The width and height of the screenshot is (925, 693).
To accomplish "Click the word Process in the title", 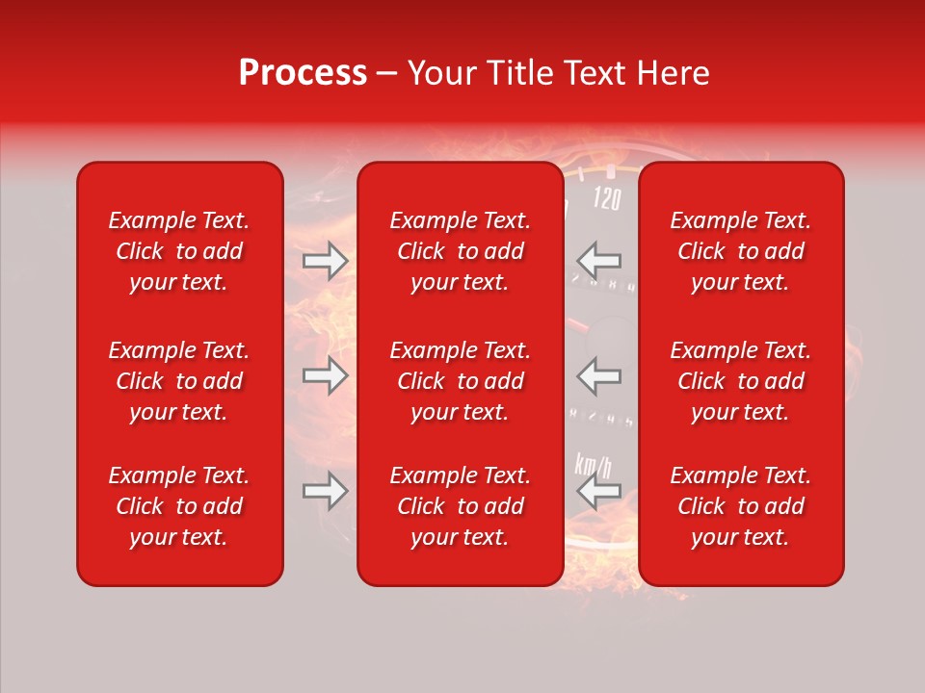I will (x=303, y=73).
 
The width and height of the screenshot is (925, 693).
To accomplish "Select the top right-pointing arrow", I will (x=325, y=261).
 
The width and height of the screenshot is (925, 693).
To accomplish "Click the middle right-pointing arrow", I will (x=325, y=375).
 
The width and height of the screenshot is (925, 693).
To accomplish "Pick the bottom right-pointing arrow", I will (x=325, y=491).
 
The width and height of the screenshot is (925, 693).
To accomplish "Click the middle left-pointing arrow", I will (x=599, y=375).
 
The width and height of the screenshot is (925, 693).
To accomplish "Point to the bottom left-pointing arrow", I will (x=599, y=491).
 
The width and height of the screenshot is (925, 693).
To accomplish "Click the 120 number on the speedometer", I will (x=607, y=199).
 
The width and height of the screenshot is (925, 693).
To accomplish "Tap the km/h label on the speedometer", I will (x=593, y=465).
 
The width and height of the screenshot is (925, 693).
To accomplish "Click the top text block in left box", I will (x=179, y=251).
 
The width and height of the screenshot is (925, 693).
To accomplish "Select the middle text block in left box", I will (x=179, y=381).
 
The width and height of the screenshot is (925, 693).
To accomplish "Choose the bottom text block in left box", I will (x=179, y=506).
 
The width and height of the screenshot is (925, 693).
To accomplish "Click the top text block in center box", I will (x=460, y=251).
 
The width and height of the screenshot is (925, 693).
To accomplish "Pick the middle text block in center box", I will (x=460, y=381).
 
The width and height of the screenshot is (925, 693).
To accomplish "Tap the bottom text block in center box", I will (x=460, y=506).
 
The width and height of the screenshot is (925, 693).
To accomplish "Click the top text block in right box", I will (x=740, y=251).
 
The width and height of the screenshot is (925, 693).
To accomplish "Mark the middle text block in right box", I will (x=740, y=381).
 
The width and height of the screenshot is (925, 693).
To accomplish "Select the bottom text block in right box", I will (x=740, y=506).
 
